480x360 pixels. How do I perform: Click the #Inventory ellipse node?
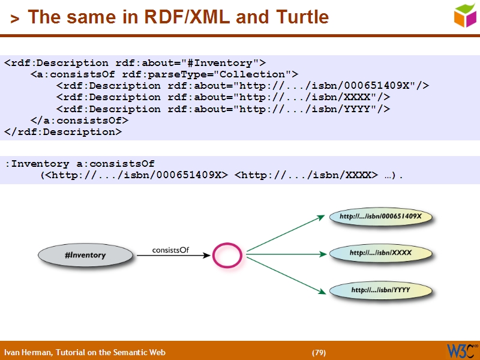pyautogui.click(x=85, y=255)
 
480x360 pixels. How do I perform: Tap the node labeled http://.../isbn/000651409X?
pyautogui.click(x=380, y=216)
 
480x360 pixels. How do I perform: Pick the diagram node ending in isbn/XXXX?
pyautogui.click(x=380, y=253)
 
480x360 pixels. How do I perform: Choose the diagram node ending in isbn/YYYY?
pyautogui.click(x=380, y=290)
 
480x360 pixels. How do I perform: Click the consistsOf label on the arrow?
pyautogui.click(x=170, y=250)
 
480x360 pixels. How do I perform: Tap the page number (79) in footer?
pyautogui.click(x=319, y=352)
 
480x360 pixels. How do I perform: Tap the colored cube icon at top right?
pyautogui.click(x=465, y=16)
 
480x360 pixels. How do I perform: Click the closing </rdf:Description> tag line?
pyautogui.click(x=63, y=132)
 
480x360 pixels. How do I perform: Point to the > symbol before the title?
pyautogui.click(x=14, y=19)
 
